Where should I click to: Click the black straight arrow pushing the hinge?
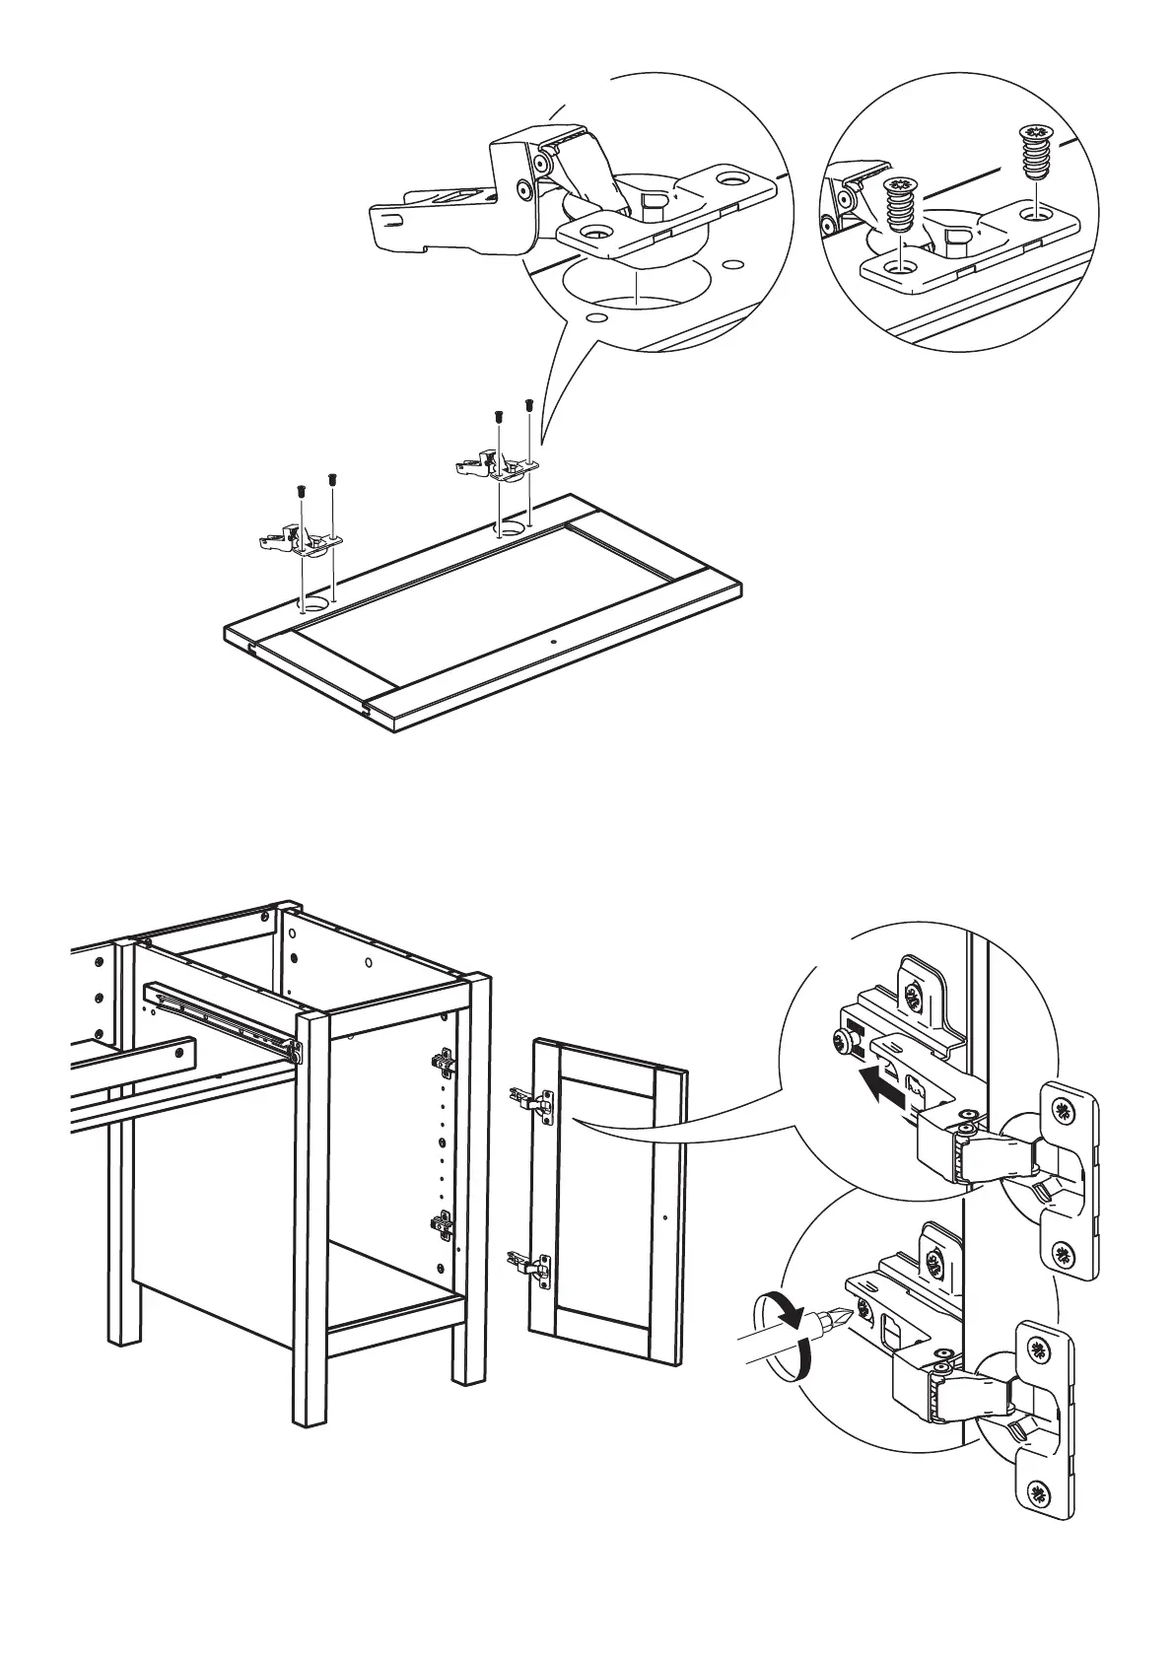click(x=881, y=1086)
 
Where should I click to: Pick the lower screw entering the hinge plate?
click(x=898, y=207)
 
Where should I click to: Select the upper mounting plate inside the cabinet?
click(x=443, y=1063)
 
